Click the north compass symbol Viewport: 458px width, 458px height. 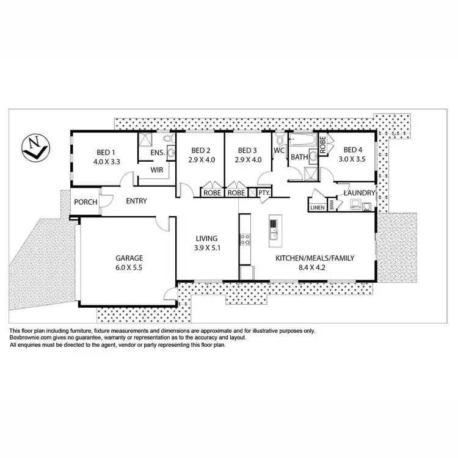pyautogui.click(x=34, y=147)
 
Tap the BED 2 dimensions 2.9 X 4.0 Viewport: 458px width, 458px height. pyautogui.click(x=201, y=160)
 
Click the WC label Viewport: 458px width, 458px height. pyautogui.click(x=280, y=150)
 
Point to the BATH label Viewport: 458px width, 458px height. pyautogui.click(x=299, y=158)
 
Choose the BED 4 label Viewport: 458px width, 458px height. pyautogui.click(x=354, y=150)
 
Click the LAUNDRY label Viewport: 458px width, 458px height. pyautogui.click(x=359, y=193)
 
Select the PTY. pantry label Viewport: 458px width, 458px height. pyautogui.click(x=264, y=193)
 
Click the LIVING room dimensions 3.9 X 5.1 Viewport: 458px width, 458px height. pyautogui.click(x=206, y=248)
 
